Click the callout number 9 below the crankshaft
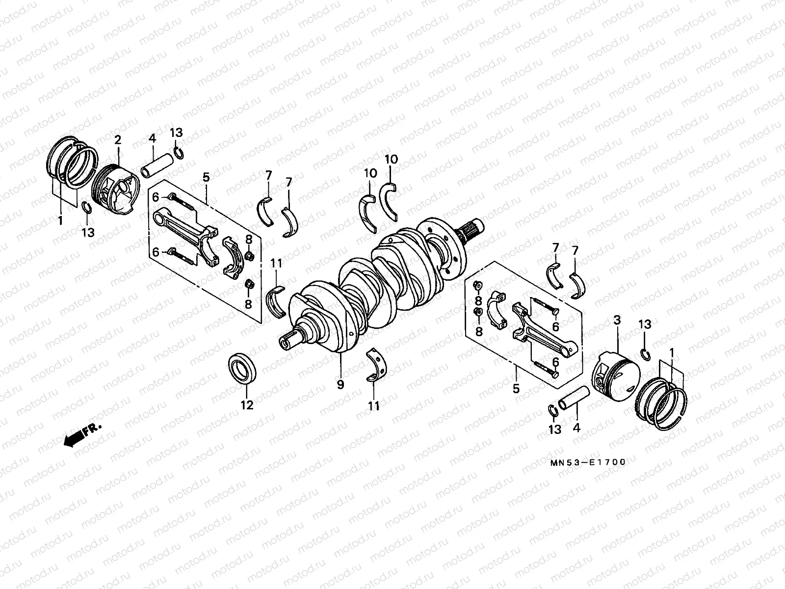pos(340,385)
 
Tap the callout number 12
pos(247,405)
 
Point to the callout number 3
pos(617,321)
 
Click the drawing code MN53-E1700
pos(588,462)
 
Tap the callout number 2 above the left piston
pos(118,140)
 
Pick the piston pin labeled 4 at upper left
pos(157,164)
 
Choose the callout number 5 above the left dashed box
pos(206,177)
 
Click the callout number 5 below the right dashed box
pos(516,389)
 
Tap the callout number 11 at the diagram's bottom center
pos(374,405)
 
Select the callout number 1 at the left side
pos(60,221)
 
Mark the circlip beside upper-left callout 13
pos(179,153)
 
